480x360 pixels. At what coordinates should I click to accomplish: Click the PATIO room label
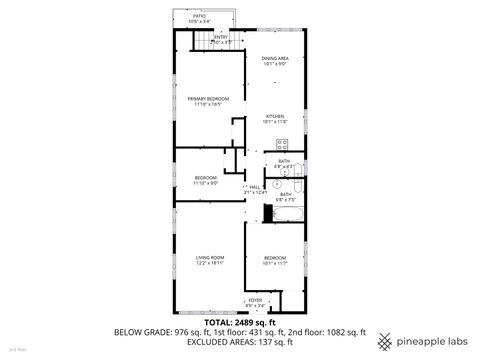(x=199, y=16)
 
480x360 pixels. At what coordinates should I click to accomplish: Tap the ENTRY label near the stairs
(x=220, y=37)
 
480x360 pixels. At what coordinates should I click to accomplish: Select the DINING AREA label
(x=276, y=59)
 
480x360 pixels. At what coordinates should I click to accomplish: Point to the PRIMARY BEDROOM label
(x=209, y=98)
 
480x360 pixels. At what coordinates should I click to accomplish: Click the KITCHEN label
(x=275, y=117)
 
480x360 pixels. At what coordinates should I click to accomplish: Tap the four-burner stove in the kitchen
(x=282, y=143)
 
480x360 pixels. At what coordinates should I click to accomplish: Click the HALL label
(x=256, y=186)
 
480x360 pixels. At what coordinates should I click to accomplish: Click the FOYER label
(x=255, y=299)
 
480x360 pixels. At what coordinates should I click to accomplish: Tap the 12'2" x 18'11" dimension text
(x=209, y=263)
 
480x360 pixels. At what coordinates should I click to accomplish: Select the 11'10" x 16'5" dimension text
(x=209, y=104)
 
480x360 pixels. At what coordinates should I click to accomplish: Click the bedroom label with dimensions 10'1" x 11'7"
(x=275, y=259)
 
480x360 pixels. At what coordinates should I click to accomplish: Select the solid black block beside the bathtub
(x=267, y=212)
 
